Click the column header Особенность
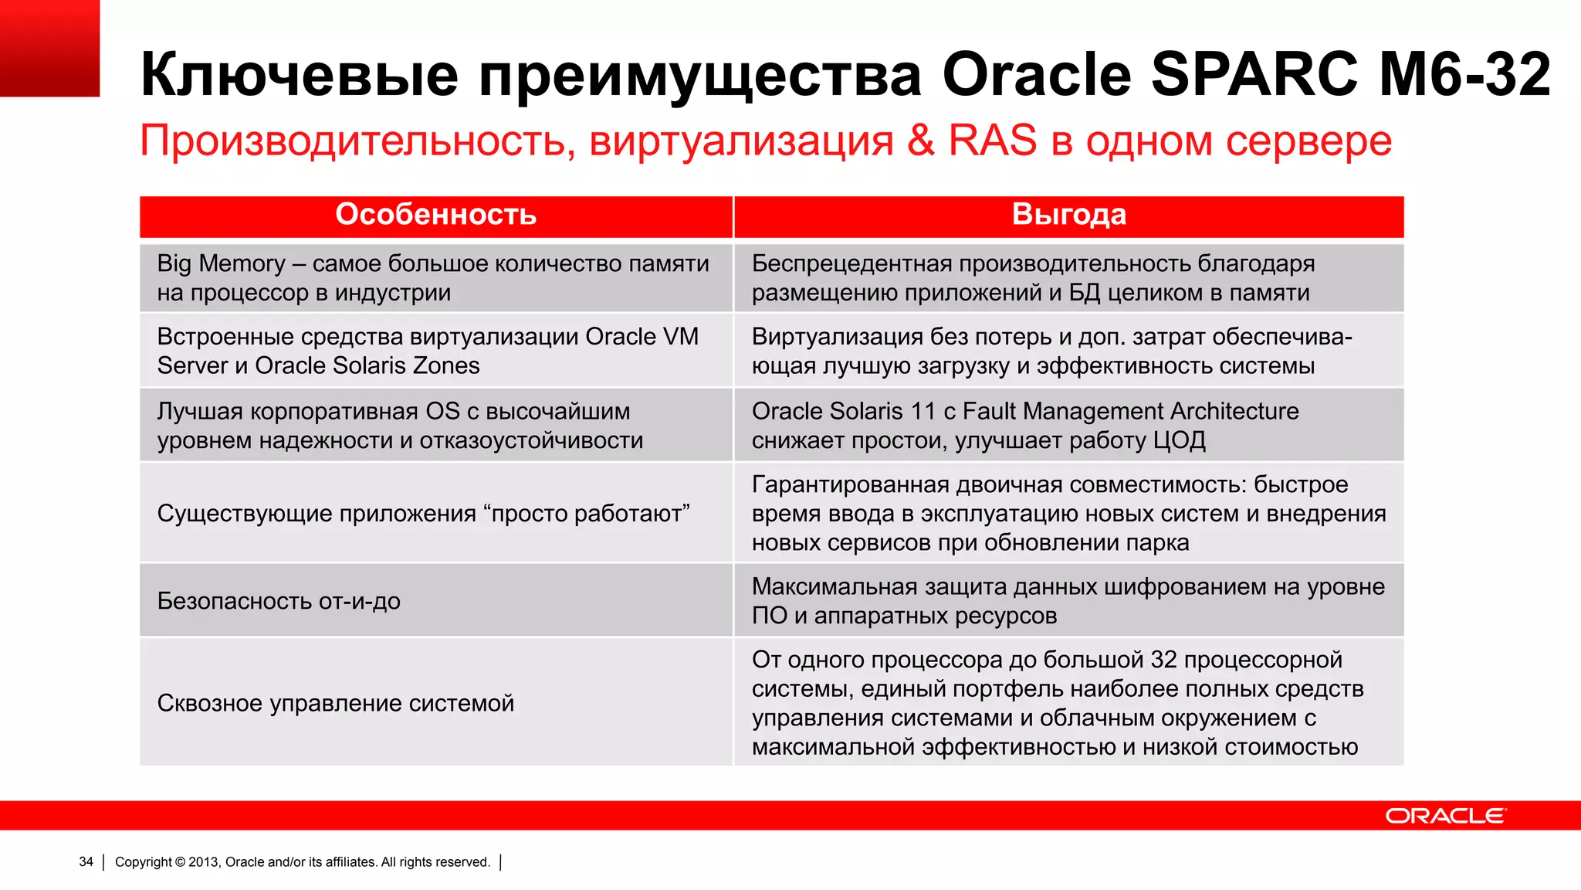(435, 215)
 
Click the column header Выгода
(1068, 215)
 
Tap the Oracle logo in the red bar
(1444, 816)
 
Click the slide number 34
(86, 862)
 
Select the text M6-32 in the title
(1464, 75)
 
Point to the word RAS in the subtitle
(992, 141)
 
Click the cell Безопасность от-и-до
(279, 601)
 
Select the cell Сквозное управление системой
(335, 703)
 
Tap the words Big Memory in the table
(221, 263)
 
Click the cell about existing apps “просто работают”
(423, 514)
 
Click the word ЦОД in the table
(1179, 440)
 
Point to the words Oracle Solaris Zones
(367, 365)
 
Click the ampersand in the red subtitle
(921, 141)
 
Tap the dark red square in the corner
(49, 48)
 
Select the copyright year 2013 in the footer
(203, 862)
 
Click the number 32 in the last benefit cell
(1163, 660)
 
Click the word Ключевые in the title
(300, 75)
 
